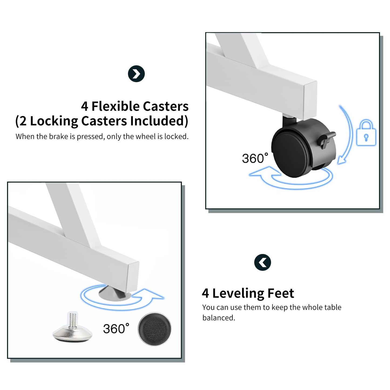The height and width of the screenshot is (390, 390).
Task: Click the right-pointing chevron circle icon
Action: click(x=136, y=74)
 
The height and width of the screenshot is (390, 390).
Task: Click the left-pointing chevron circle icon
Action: click(x=263, y=263)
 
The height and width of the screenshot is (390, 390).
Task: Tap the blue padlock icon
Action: click(x=366, y=133)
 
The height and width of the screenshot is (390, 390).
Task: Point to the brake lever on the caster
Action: click(x=327, y=139)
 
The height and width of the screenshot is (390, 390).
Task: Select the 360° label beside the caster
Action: click(x=255, y=158)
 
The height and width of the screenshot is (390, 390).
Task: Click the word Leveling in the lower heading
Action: click(x=238, y=293)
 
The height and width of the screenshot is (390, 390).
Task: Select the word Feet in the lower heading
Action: click(x=281, y=293)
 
